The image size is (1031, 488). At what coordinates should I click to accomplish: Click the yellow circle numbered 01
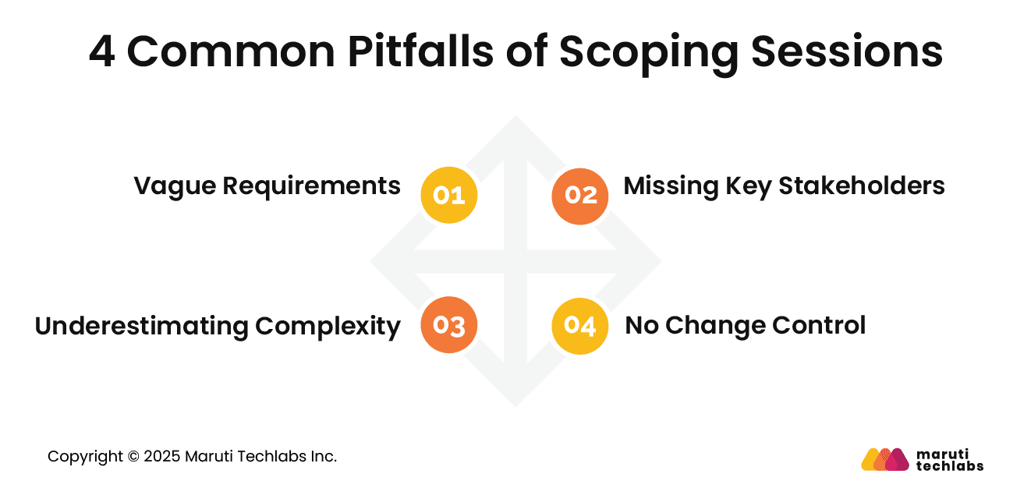tap(448, 196)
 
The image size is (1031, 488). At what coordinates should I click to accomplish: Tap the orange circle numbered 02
tap(580, 196)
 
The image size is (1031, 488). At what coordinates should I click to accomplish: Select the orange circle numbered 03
tap(448, 326)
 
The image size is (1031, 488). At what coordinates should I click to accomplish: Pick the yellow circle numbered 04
tap(580, 326)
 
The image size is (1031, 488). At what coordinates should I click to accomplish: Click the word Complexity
tap(328, 326)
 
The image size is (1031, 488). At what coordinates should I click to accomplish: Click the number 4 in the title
tap(101, 52)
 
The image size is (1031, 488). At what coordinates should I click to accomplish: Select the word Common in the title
tap(230, 52)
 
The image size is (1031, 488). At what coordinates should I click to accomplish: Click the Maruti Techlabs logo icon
tap(884, 459)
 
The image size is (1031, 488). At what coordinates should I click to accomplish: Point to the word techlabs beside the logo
tap(949, 466)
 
